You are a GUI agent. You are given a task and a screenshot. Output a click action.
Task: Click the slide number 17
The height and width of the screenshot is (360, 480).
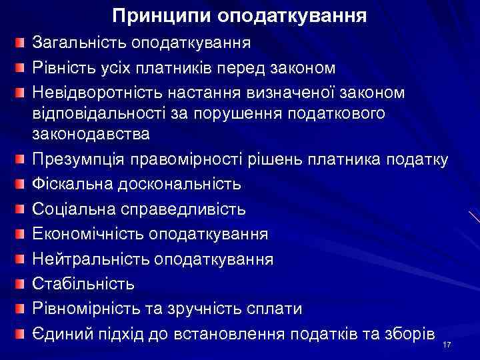tap(447, 344)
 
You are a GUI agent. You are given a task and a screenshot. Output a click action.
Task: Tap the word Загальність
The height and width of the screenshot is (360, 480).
tap(79, 44)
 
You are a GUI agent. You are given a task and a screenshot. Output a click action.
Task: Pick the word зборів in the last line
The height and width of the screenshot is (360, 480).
tap(407, 333)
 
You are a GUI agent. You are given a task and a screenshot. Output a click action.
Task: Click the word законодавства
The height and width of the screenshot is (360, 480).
tap(91, 133)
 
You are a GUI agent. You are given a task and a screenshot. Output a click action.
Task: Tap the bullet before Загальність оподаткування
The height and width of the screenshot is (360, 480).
tap(23, 44)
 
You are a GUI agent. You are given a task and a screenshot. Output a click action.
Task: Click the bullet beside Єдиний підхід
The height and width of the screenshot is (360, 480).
tap(23, 332)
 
